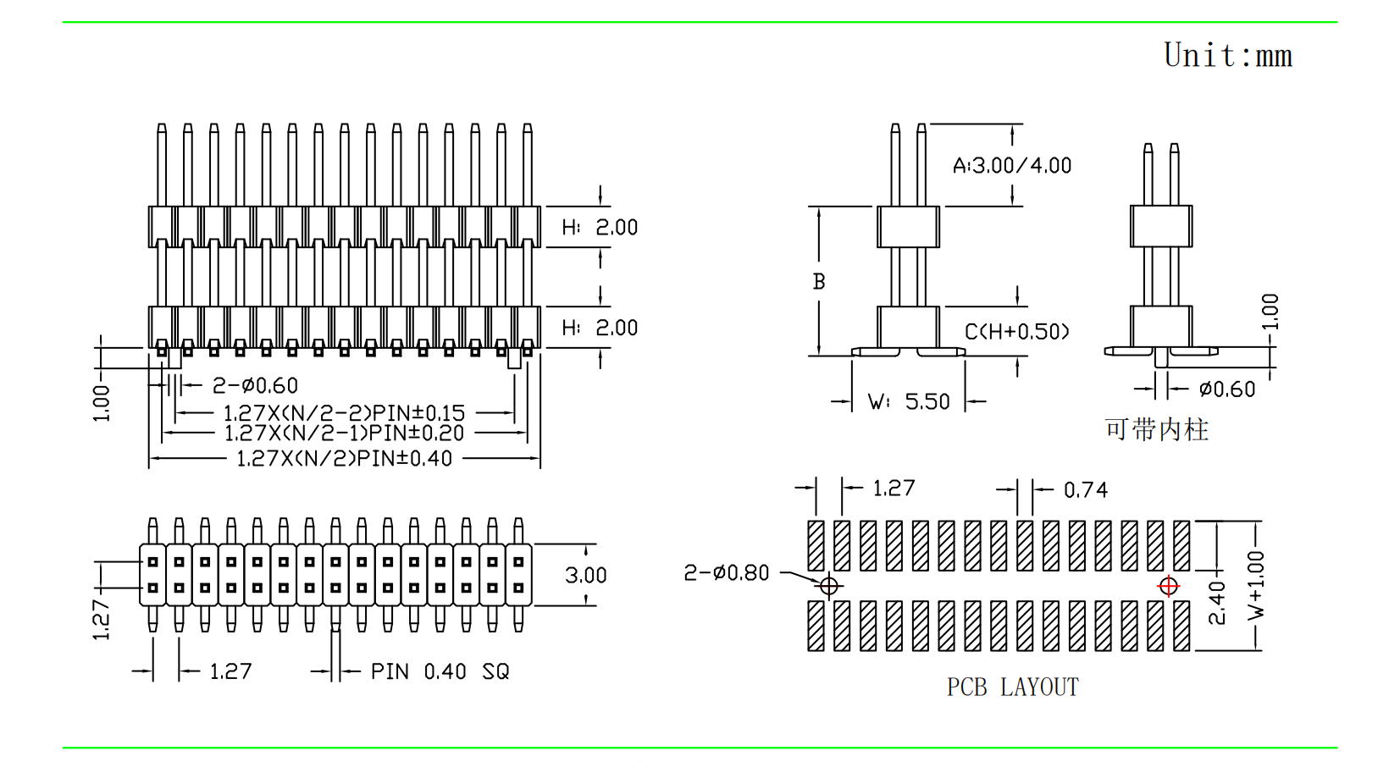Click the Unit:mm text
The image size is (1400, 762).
click(1227, 56)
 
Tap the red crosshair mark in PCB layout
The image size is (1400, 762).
click(1168, 586)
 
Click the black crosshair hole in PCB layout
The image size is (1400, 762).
click(828, 586)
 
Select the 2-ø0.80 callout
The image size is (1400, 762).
click(726, 573)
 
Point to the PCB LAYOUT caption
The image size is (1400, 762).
click(1012, 687)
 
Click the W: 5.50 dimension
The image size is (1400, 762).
click(909, 401)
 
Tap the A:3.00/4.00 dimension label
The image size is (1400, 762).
click(1012, 166)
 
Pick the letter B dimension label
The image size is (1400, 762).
click(819, 282)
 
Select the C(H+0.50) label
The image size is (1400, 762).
click(1016, 332)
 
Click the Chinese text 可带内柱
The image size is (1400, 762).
click(1156, 430)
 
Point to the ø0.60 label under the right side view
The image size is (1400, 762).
click(1226, 389)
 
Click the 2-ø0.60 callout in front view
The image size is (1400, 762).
click(255, 386)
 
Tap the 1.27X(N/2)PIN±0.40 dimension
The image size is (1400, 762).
click(344, 459)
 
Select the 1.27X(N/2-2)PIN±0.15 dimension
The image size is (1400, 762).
click(344, 413)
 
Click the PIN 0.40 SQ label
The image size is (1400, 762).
click(440, 672)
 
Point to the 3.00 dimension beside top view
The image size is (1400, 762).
click(585, 576)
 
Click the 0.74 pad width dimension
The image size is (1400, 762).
click(1085, 490)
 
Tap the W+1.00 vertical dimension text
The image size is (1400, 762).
click(1256, 585)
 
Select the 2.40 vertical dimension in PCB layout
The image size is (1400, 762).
click(1217, 602)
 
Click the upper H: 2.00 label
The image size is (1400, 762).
click(600, 228)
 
